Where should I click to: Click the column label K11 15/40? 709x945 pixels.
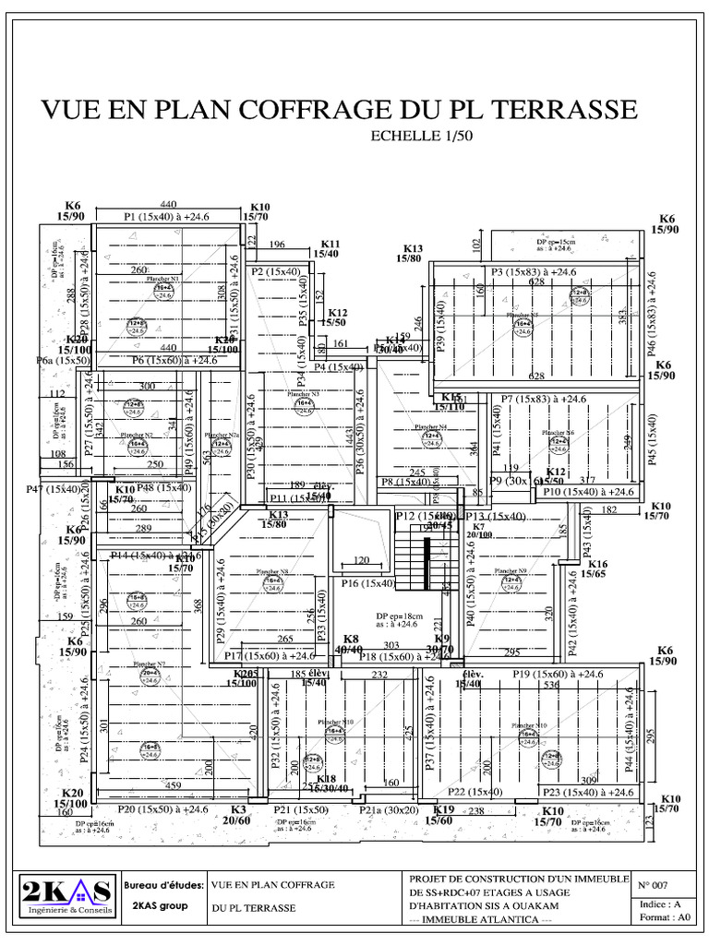(326, 247)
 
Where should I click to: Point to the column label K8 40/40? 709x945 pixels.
(351, 644)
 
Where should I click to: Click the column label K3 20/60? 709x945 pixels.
(238, 814)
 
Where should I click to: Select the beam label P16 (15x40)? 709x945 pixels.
(367, 583)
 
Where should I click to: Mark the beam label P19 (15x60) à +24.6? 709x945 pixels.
(559, 675)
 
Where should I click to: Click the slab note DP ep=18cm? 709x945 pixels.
(394, 616)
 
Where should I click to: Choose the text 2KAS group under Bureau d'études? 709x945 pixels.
(161, 905)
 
